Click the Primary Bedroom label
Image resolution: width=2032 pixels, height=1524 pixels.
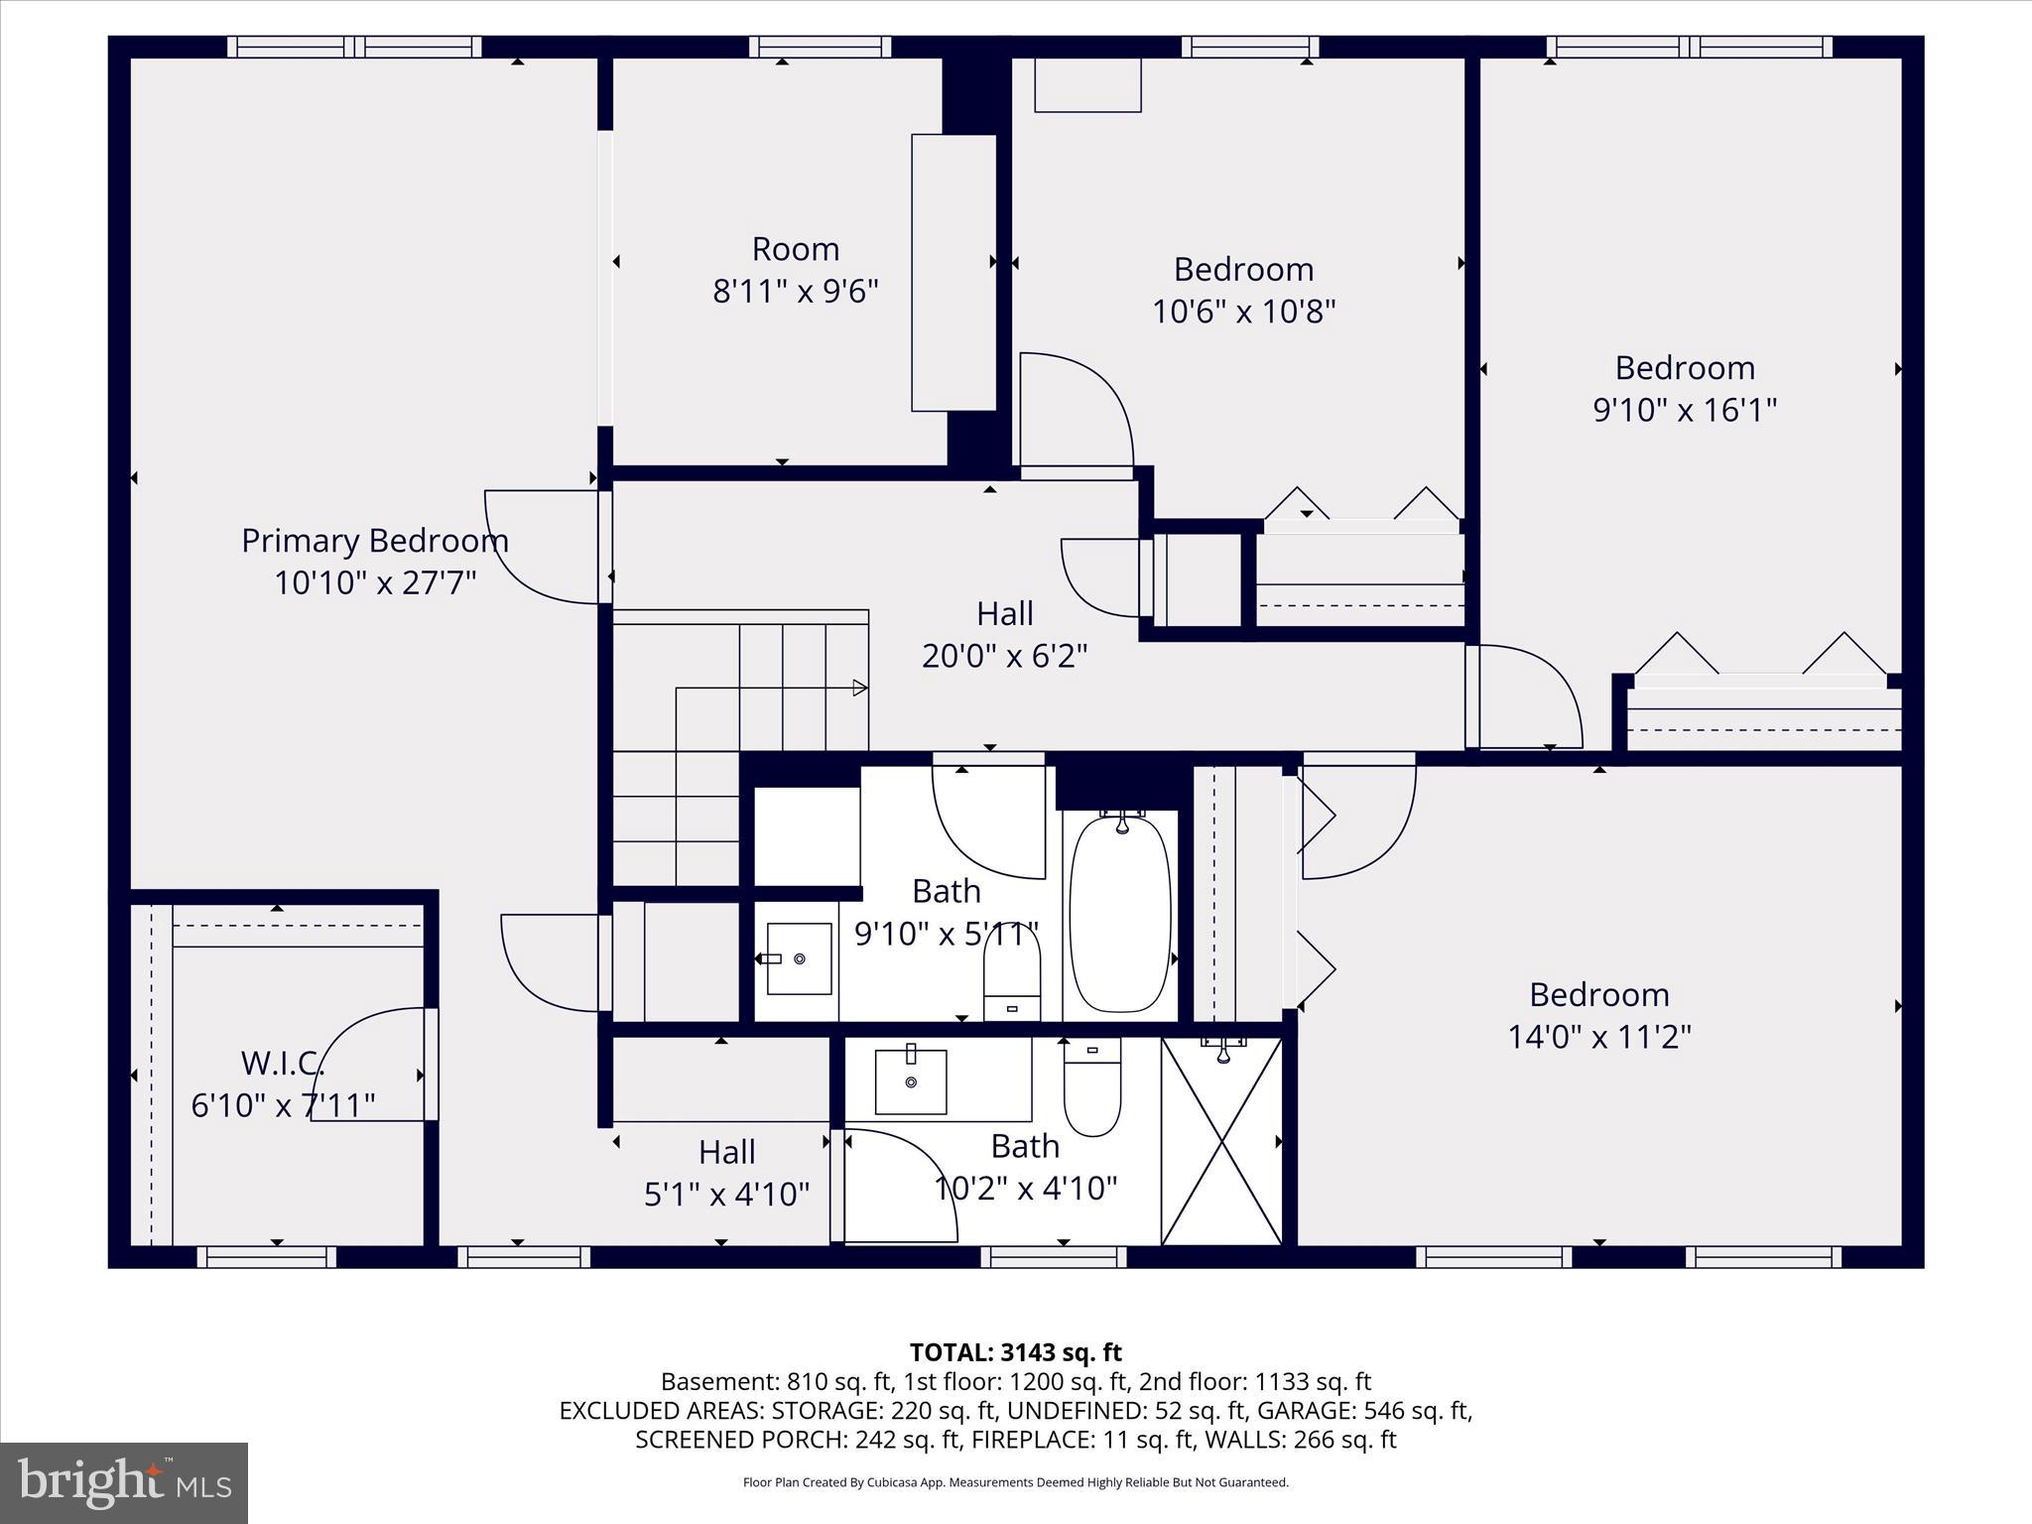(x=375, y=541)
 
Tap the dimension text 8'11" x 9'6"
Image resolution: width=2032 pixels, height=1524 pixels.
(x=796, y=292)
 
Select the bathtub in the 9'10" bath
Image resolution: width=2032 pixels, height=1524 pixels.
(x=1120, y=913)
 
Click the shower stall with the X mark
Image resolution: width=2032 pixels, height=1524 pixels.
(x=1221, y=1141)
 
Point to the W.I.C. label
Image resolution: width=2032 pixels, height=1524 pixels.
(x=283, y=1064)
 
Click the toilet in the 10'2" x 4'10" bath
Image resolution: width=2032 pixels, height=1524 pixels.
(x=1091, y=1089)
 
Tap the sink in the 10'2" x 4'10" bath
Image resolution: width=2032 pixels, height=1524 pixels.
(x=910, y=1081)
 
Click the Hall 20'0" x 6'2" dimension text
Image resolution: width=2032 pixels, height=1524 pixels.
(x=1004, y=656)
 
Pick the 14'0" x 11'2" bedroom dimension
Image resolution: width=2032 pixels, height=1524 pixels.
(x=1598, y=1037)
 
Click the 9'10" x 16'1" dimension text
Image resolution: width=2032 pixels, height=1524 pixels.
(x=1684, y=410)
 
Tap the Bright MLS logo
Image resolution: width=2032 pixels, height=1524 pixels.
(x=124, y=1482)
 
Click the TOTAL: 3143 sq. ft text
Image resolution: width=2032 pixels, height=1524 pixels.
(x=1015, y=1352)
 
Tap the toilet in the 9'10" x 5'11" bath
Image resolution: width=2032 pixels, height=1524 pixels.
(x=1011, y=977)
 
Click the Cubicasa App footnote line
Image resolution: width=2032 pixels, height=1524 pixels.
(x=1015, y=1482)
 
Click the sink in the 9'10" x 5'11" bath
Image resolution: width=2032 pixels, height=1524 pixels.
(x=799, y=958)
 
